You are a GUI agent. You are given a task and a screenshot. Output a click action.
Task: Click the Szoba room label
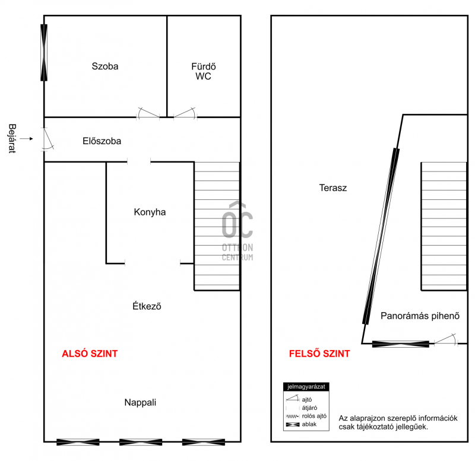(105, 66)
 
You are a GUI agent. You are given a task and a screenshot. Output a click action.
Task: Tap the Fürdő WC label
(203, 71)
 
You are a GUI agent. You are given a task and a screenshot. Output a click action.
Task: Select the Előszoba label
(102, 141)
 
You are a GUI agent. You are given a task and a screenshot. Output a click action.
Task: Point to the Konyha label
(150, 212)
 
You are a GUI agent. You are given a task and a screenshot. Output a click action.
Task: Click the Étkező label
(147, 306)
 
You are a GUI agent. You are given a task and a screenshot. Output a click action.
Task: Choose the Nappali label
(140, 402)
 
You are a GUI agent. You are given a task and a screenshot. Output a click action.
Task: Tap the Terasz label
(332, 187)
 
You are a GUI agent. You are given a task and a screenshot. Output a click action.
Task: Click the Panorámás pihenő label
(420, 316)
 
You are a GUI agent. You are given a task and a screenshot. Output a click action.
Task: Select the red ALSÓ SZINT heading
(90, 354)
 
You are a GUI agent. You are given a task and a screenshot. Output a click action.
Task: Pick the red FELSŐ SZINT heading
(319, 353)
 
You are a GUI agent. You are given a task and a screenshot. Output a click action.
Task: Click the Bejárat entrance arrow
(27, 139)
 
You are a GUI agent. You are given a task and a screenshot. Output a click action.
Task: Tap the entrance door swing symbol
(47, 139)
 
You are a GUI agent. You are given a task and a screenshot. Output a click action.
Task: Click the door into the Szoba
(148, 113)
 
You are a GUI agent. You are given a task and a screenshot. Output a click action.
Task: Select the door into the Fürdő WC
(185, 113)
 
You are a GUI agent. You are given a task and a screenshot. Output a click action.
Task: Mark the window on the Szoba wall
(44, 53)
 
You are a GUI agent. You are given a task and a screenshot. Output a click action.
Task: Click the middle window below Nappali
(141, 442)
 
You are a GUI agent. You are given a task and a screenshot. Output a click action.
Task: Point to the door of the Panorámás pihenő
(446, 339)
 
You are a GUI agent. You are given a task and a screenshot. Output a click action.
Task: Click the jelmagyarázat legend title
(306, 386)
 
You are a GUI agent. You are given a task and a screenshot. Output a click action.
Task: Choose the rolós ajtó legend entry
(306, 416)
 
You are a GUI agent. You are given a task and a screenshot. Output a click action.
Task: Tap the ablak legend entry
(301, 424)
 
